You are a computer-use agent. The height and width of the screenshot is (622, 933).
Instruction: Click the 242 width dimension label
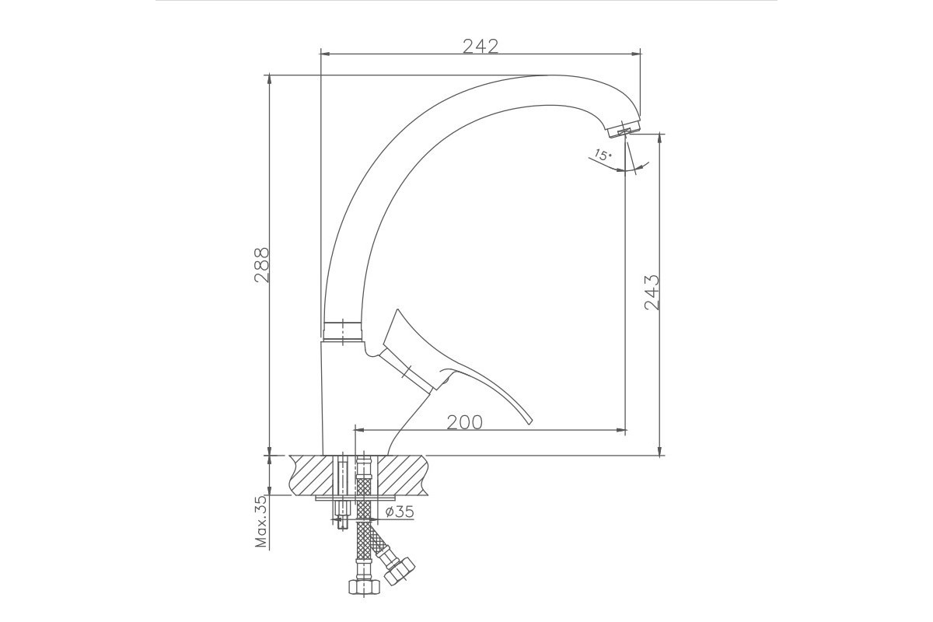point(480,46)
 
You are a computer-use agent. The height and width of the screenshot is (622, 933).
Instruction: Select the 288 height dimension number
point(262,265)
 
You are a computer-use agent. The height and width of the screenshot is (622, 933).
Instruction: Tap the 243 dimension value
point(652,292)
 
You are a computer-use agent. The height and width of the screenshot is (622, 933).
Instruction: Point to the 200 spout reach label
point(464,422)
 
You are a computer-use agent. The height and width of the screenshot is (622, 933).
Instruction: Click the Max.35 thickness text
point(261,521)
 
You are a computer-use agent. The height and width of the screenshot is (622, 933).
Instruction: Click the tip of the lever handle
point(530,423)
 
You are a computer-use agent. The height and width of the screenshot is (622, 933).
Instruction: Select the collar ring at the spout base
point(343,332)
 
